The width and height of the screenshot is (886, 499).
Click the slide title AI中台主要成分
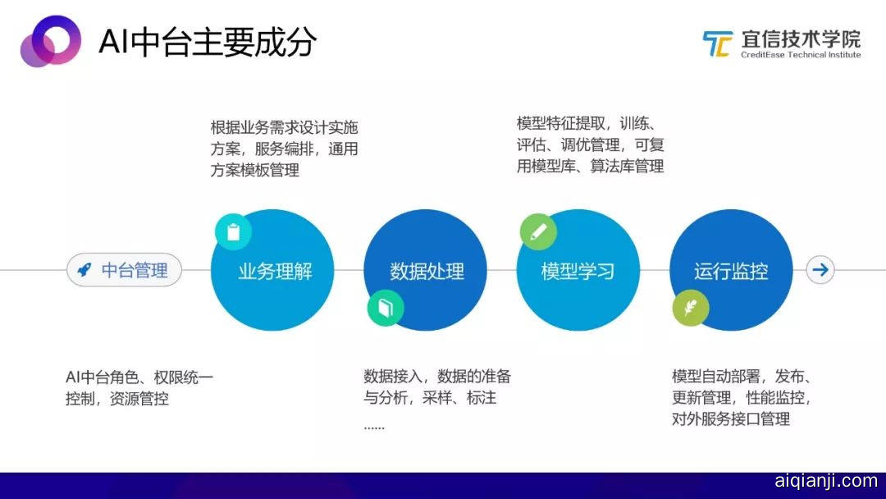coord(208,42)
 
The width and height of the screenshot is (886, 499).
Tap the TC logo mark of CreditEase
coord(717,43)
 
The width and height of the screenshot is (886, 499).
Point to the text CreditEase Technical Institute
coord(801,55)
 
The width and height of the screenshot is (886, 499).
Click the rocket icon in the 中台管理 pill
coord(84,269)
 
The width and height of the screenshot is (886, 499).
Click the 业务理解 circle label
coord(275,272)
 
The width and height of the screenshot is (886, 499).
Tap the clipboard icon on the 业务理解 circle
coord(233,231)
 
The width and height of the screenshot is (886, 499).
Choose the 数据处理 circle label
coord(427,272)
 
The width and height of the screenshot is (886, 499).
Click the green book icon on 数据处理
coord(386,308)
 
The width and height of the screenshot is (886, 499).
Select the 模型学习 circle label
coord(578,272)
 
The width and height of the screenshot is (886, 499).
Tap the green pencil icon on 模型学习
coord(538,231)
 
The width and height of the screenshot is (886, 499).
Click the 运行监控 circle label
coord(731,272)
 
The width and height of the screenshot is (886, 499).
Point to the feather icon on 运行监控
coord(691,308)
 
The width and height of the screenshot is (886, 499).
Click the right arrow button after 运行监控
coord(820,269)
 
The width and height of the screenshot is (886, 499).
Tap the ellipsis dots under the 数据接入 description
coord(374,428)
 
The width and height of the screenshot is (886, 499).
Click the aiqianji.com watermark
coord(826,481)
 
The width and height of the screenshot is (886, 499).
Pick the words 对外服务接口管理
coord(731,419)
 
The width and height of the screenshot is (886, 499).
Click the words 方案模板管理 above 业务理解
coord(255,170)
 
